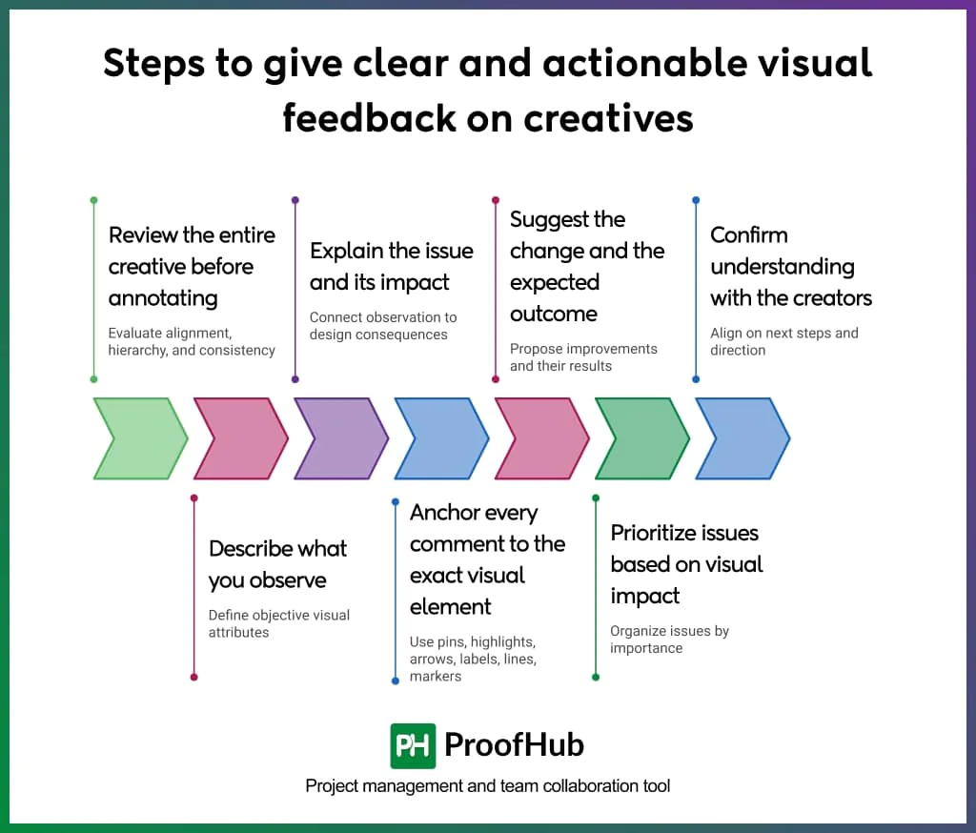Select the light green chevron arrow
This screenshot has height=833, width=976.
click(x=139, y=438)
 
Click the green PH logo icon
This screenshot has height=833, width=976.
click(x=413, y=745)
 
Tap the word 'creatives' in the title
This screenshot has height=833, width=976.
click(x=606, y=117)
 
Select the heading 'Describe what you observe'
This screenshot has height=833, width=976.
click(x=277, y=564)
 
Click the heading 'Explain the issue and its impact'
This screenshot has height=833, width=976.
click(x=391, y=266)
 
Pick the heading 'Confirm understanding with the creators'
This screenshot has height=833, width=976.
click(x=790, y=266)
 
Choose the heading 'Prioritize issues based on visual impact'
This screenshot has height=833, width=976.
click(x=686, y=564)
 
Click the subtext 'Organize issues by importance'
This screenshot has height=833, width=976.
click(x=669, y=640)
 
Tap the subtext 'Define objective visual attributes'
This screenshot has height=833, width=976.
click(x=278, y=623)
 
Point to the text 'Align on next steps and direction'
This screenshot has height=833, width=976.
click(x=783, y=341)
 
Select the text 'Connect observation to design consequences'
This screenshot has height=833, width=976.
click(x=382, y=326)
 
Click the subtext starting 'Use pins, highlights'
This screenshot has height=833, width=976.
click(x=473, y=659)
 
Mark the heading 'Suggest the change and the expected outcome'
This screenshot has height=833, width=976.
click(x=586, y=266)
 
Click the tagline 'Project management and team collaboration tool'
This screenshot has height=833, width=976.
click(x=487, y=786)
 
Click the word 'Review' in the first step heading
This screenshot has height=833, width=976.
click(x=143, y=235)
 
